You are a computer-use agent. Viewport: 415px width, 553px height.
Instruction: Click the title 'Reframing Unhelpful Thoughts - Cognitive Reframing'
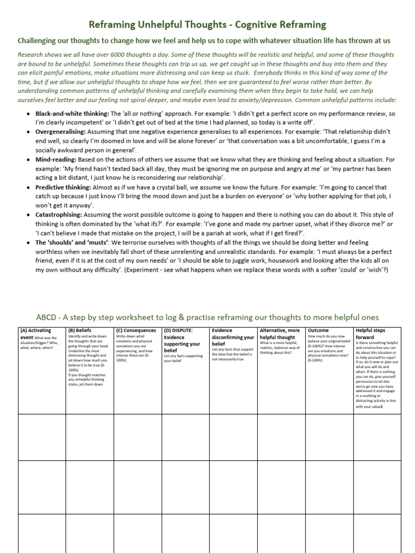coord(207,25)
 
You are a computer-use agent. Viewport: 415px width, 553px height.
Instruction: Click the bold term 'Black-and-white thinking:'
coord(72,114)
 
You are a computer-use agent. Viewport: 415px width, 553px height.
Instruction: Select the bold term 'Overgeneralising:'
coord(61,132)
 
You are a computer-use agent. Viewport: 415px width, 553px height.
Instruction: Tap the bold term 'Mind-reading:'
coord(56,160)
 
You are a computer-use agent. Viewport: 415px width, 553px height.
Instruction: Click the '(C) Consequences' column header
coord(136,330)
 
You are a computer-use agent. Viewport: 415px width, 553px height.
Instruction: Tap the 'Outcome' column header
coord(318,330)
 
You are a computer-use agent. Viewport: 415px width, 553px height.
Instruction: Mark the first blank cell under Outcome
coord(330,437)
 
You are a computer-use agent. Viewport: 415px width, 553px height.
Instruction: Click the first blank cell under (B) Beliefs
coord(90,437)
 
